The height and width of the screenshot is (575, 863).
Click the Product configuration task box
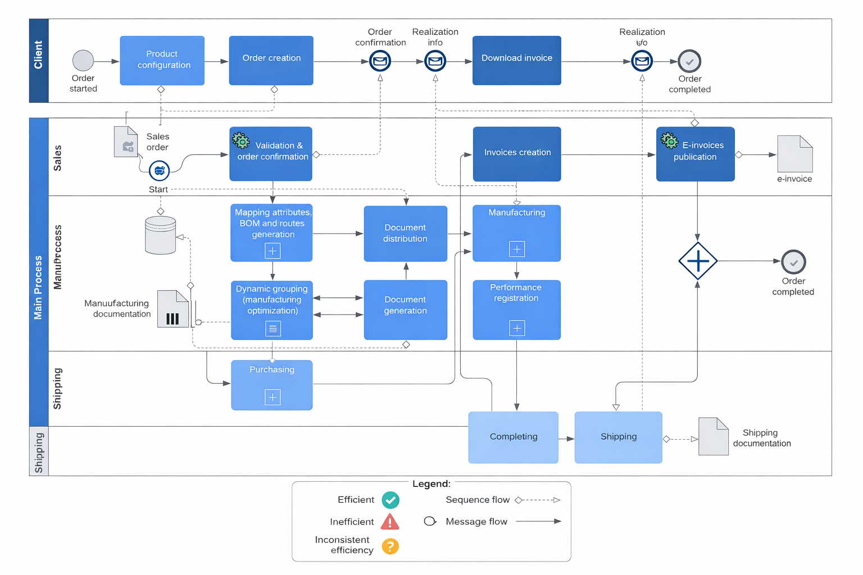coord(162,60)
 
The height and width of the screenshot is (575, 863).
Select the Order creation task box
coord(271,60)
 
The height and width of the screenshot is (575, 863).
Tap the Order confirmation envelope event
coord(380,61)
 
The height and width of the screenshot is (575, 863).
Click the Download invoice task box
coord(516,60)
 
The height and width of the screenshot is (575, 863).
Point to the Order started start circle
coord(83,61)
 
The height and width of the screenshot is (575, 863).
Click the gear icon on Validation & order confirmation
coord(241,140)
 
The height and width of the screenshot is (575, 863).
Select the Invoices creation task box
coord(516,153)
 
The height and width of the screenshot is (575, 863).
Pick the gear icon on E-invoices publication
coord(669,140)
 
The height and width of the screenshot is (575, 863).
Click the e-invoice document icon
coord(794,154)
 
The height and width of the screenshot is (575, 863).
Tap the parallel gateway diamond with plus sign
coord(697,261)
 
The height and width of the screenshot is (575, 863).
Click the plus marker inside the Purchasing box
coord(272,398)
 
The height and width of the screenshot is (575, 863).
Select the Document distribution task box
coord(405,234)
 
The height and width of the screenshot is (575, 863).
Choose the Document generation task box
coord(405,309)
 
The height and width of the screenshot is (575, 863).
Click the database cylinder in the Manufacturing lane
coord(161,235)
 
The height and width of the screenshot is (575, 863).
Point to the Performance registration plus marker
coord(517,328)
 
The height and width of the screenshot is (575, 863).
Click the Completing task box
coord(513,437)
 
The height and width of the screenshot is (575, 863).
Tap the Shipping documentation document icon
coord(713,436)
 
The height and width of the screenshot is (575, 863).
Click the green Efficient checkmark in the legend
coord(390,500)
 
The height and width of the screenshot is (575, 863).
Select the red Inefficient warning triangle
coord(390,522)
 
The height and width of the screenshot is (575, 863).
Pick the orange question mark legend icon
coord(390,546)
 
